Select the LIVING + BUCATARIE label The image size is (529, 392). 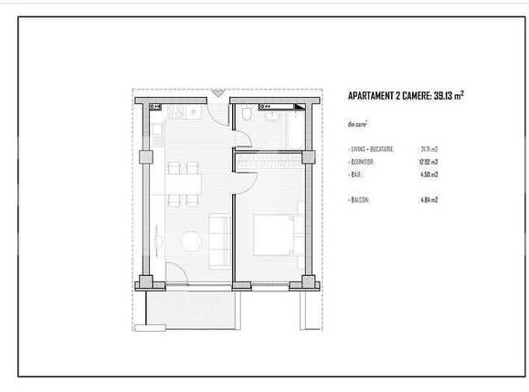click(x=372, y=148)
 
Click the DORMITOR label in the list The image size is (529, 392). click(x=362, y=161)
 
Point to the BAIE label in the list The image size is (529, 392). click(x=355, y=174)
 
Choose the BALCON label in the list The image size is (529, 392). click(x=359, y=199)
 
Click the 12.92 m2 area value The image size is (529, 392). click(x=428, y=161)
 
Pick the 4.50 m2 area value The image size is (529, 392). click(x=428, y=174)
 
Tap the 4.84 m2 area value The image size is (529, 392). click(x=428, y=199)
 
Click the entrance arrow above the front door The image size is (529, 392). click(x=217, y=92)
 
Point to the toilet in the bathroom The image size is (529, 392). click(x=248, y=114)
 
